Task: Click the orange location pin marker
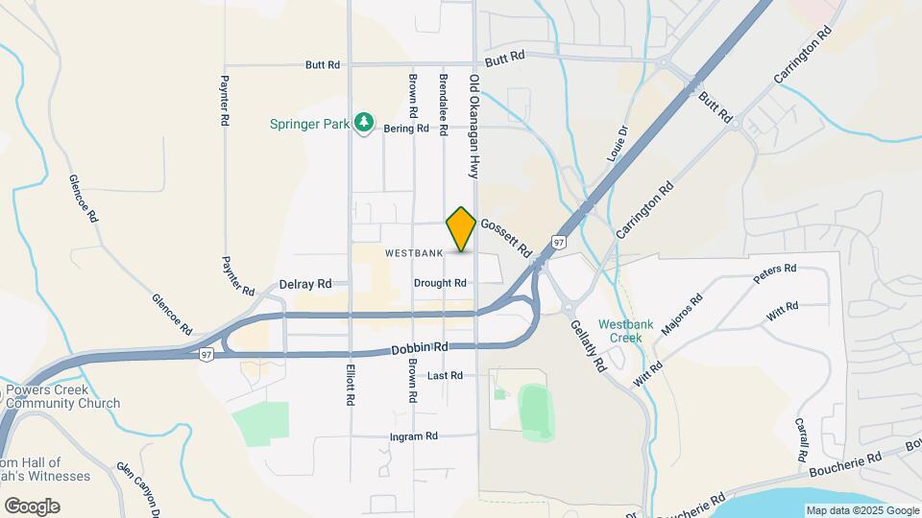coord(461,228)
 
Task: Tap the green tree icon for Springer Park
coord(364,122)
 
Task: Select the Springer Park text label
coord(309,123)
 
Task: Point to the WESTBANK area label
coord(414,253)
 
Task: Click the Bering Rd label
coord(406,128)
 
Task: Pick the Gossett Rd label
coord(506,236)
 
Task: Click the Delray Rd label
coord(304,284)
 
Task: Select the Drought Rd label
coord(440,283)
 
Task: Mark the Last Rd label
coord(446,375)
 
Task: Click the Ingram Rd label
coord(413,436)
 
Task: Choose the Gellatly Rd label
coord(587,346)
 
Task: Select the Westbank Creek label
coord(619,330)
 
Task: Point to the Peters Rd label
coord(775,273)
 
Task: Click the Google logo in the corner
coord(32,506)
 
